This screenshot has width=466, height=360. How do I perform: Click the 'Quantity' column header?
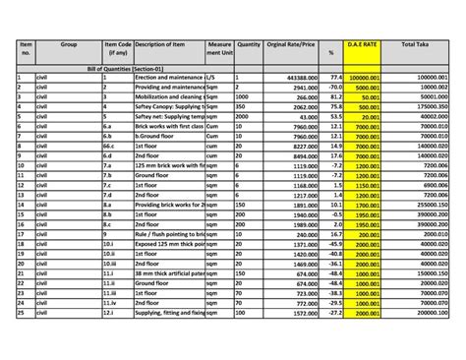point(249,45)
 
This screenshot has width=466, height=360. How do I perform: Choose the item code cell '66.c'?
point(117,145)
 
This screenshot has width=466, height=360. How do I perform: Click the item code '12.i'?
point(117,312)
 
